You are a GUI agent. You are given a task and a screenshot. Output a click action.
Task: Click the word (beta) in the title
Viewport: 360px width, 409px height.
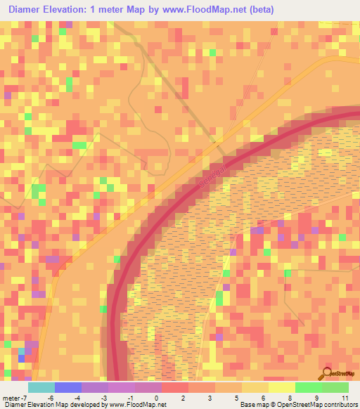click(255, 9)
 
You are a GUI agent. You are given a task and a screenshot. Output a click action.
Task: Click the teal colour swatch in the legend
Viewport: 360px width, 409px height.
click(41, 387)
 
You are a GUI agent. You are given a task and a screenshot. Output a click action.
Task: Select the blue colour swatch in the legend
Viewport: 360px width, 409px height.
click(67, 387)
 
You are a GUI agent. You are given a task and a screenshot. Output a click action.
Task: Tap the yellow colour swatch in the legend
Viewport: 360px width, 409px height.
click(281, 387)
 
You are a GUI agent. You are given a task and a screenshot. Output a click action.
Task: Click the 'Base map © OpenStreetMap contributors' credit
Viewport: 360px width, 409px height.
click(297, 404)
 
